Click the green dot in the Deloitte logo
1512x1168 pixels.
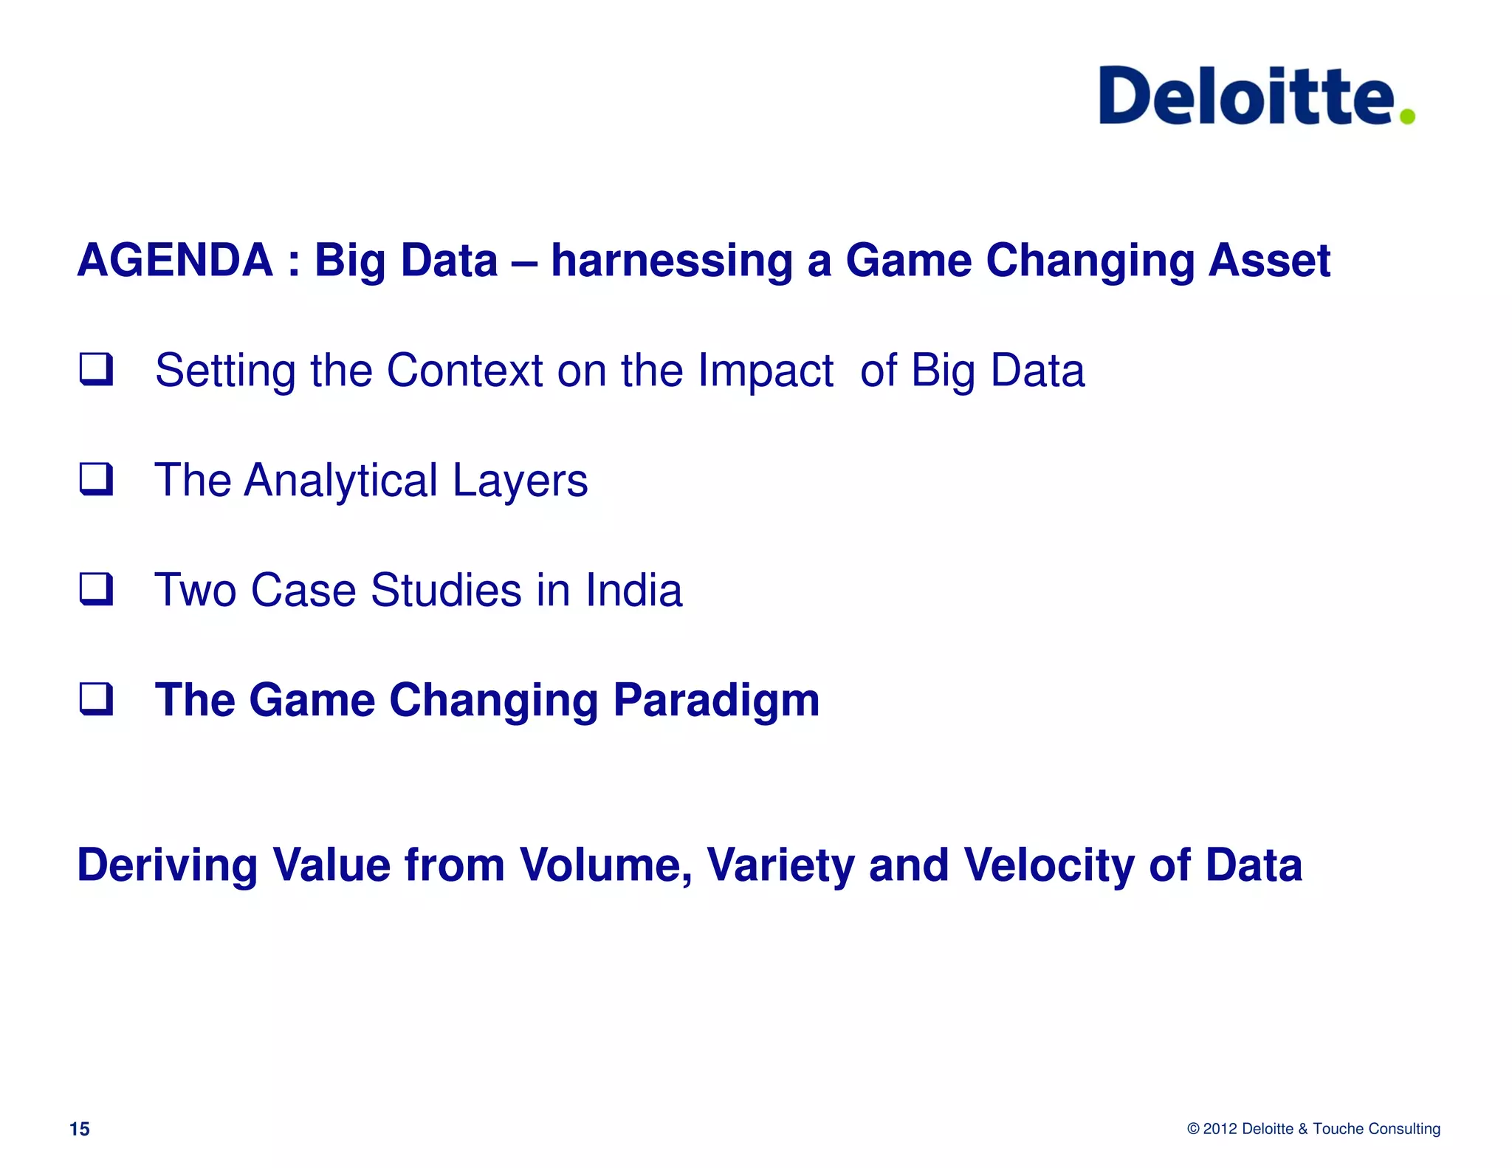tap(1407, 116)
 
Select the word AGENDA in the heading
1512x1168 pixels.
tap(175, 261)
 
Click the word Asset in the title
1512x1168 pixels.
tap(1268, 261)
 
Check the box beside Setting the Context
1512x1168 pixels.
tap(96, 369)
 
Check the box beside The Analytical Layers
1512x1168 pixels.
tap(96, 479)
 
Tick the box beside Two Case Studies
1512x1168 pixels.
tap(96, 589)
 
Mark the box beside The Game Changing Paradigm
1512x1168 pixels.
tap(96, 698)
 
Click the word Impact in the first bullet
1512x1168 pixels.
tap(765, 371)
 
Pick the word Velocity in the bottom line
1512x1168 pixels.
tap(1048, 865)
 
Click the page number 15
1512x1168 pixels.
tap(79, 1129)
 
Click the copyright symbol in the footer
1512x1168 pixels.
tap(1193, 1129)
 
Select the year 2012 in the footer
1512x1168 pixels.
tap(1220, 1129)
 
